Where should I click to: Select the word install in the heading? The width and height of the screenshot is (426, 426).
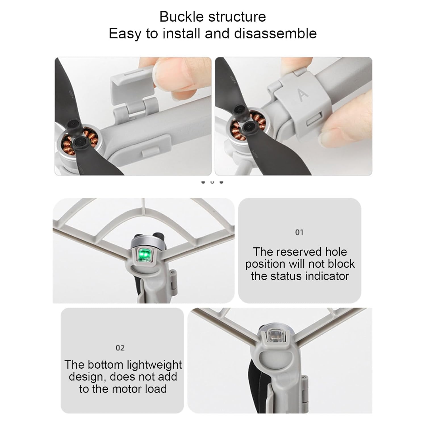[181, 33]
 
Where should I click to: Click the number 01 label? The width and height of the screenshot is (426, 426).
[299, 232]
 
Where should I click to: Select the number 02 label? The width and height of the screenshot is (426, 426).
[120, 348]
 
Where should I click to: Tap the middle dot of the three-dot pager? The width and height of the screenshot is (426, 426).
[212, 182]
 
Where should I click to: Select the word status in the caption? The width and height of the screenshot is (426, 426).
[283, 276]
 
